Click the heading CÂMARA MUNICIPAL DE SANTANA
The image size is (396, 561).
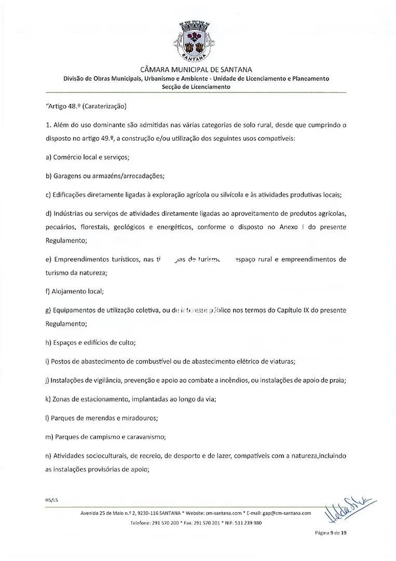tap(197, 70)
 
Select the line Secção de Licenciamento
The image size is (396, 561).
tap(197, 87)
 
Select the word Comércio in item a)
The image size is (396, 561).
tap(69, 157)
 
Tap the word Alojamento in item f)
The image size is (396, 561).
tap(68, 291)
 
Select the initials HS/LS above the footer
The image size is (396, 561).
tap(52, 500)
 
